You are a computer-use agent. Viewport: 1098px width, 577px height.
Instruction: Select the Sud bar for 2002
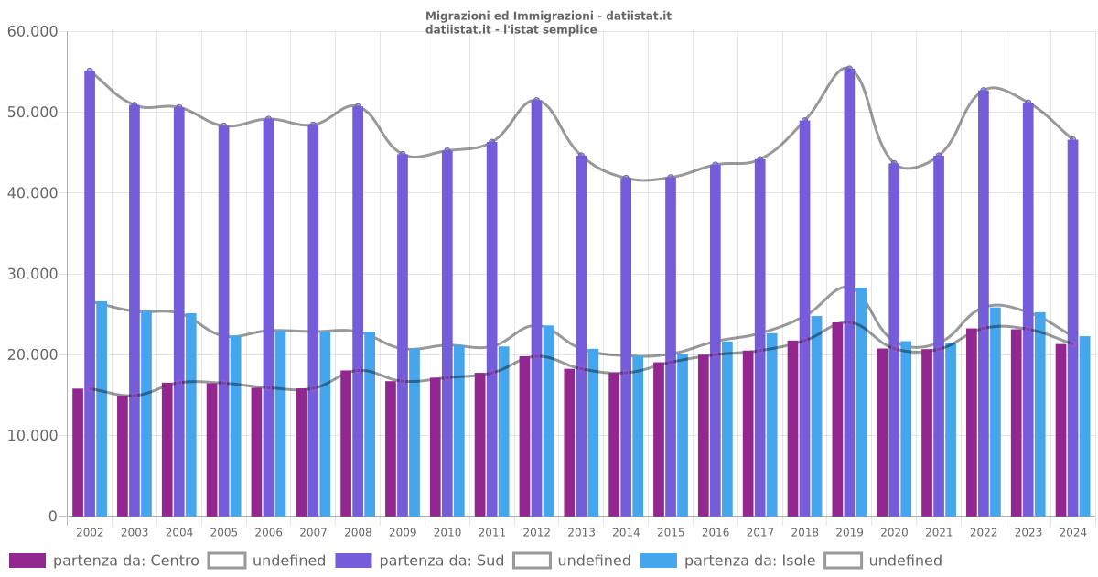90,293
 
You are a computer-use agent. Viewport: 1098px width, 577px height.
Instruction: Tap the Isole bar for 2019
861,403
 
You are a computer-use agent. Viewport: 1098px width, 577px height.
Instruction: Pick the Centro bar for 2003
123,456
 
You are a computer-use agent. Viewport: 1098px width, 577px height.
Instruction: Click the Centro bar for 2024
1061,430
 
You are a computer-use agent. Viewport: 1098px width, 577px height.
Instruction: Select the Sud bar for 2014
626,348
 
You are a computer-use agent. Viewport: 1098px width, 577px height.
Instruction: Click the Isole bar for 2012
548,421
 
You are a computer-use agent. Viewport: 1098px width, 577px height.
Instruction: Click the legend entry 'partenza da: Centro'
104,561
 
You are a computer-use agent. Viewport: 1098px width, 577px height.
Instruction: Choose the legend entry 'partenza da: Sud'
420,561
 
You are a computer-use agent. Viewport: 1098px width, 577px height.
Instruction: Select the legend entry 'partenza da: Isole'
728,561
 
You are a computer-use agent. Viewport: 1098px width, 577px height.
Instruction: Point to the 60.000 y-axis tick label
32,32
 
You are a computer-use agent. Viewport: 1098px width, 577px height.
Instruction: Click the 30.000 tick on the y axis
32,274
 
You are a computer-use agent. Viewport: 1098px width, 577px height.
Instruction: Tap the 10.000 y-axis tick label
32,436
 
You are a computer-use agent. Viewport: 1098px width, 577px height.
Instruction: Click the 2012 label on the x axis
536,532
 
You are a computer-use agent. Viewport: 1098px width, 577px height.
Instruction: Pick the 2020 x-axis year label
894,532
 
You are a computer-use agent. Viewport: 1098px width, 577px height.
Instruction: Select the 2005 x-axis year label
224,532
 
